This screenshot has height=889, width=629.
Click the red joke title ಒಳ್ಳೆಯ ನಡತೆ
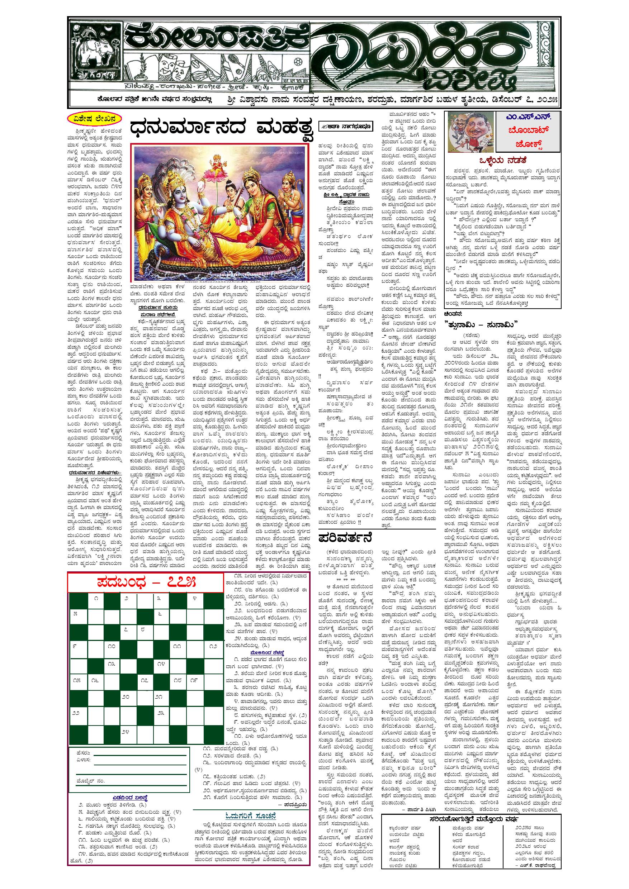pos(503,160)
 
